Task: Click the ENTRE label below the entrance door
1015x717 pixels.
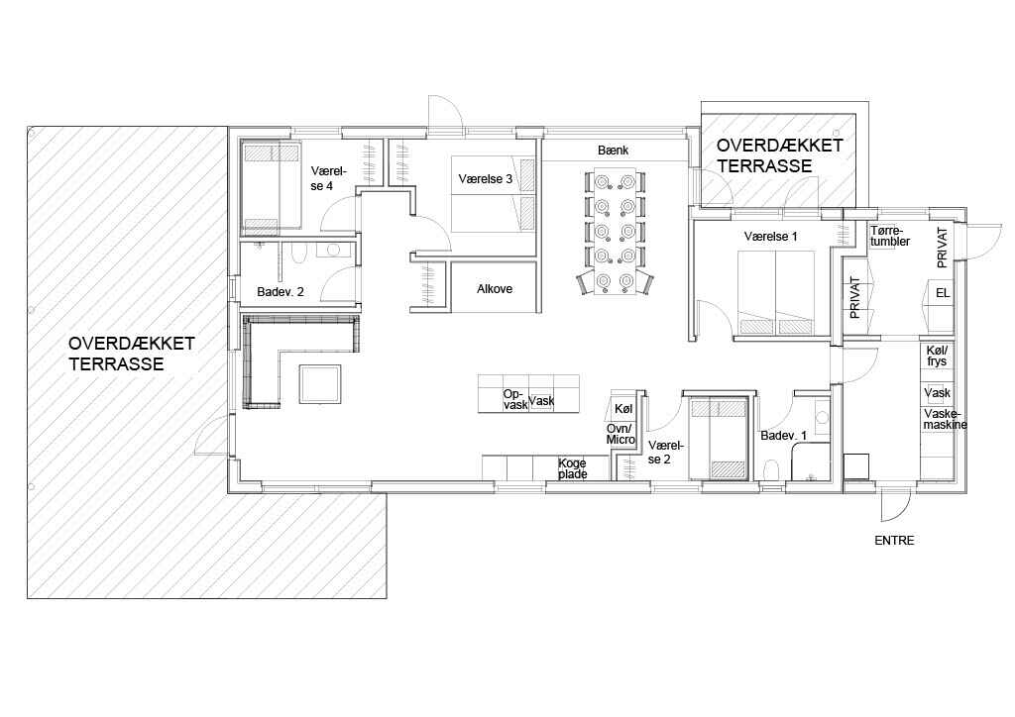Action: pyautogui.click(x=894, y=541)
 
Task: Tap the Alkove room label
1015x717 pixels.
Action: pyautogui.click(x=495, y=289)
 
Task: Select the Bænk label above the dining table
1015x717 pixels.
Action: pyautogui.click(x=613, y=150)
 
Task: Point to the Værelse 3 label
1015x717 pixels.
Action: pyautogui.click(x=485, y=179)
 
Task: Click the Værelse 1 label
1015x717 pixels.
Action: pyautogui.click(x=770, y=237)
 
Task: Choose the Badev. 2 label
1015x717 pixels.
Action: pyautogui.click(x=281, y=292)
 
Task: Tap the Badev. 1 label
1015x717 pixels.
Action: pyautogui.click(x=783, y=436)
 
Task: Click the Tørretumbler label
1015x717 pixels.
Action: pyautogui.click(x=890, y=236)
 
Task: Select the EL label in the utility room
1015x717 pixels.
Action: pyautogui.click(x=943, y=293)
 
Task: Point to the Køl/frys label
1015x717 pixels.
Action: pyautogui.click(x=937, y=356)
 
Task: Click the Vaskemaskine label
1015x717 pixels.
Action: pyautogui.click(x=945, y=420)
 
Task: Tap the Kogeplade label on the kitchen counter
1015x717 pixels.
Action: pyautogui.click(x=573, y=468)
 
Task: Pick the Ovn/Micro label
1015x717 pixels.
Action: pyautogui.click(x=620, y=434)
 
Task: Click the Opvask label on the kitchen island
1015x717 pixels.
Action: pyautogui.click(x=514, y=399)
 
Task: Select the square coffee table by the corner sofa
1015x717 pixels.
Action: pyautogui.click(x=320, y=384)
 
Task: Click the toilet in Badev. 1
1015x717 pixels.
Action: pyautogui.click(x=771, y=470)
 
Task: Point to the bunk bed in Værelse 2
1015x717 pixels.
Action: pyautogui.click(x=717, y=438)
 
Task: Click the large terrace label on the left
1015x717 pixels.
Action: pyautogui.click(x=132, y=354)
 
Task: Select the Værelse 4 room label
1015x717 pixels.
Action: pyautogui.click(x=328, y=178)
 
